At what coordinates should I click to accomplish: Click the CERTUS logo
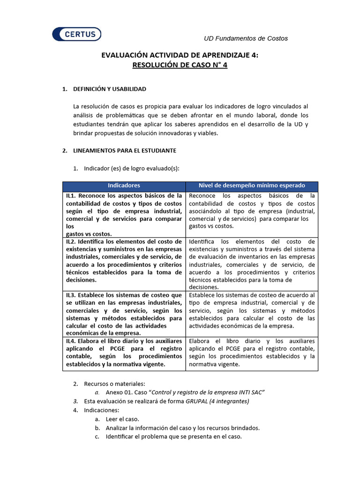[77, 34]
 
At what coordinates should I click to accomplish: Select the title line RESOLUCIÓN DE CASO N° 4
[180, 66]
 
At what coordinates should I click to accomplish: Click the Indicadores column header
[124, 186]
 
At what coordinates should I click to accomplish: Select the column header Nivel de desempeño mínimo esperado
[252, 186]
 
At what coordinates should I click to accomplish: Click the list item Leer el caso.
[122, 419]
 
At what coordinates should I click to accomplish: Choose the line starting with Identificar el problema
[173, 436]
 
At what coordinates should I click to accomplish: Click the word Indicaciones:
[102, 410]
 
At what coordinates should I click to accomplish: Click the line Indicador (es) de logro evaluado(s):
[131, 168]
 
